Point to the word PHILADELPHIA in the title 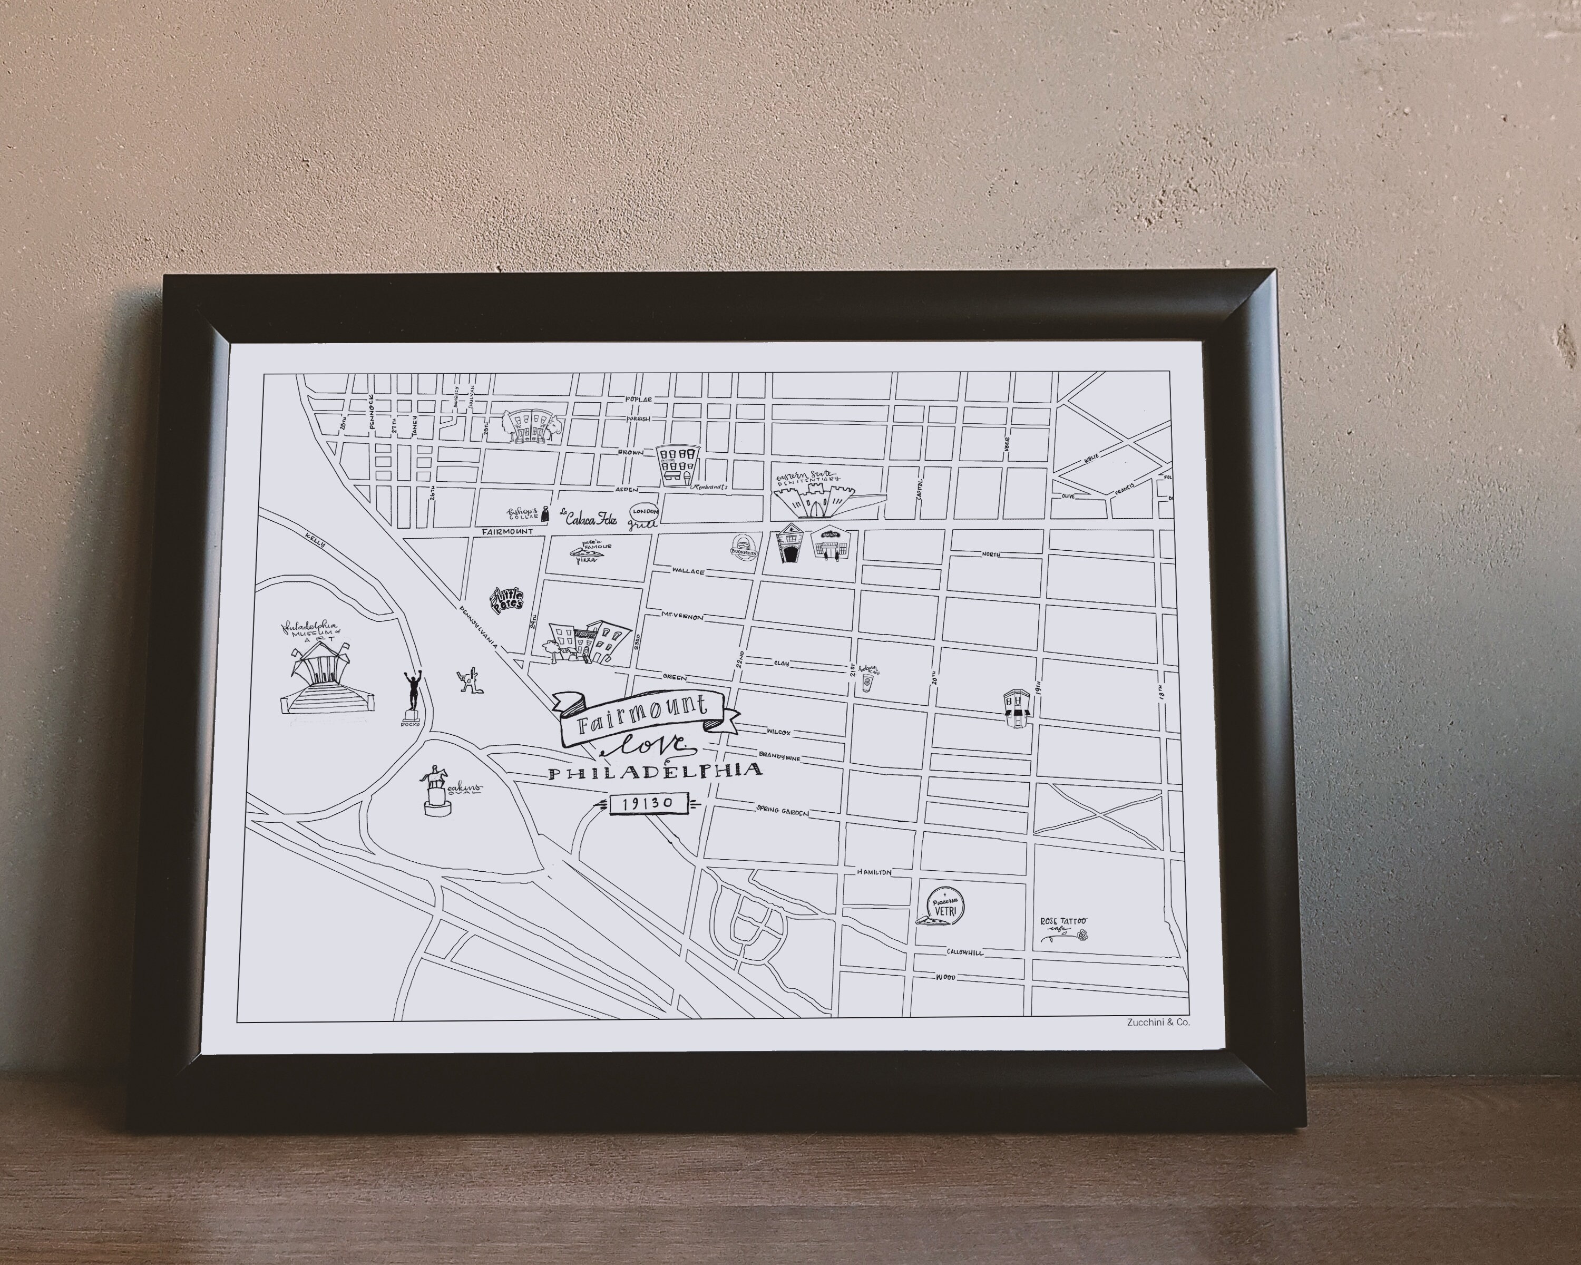pyautogui.click(x=655, y=772)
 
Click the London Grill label pyautogui.click(x=645, y=515)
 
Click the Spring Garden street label pyautogui.click(x=783, y=811)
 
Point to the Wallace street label pyautogui.click(x=689, y=571)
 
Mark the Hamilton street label pyautogui.click(x=874, y=872)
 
